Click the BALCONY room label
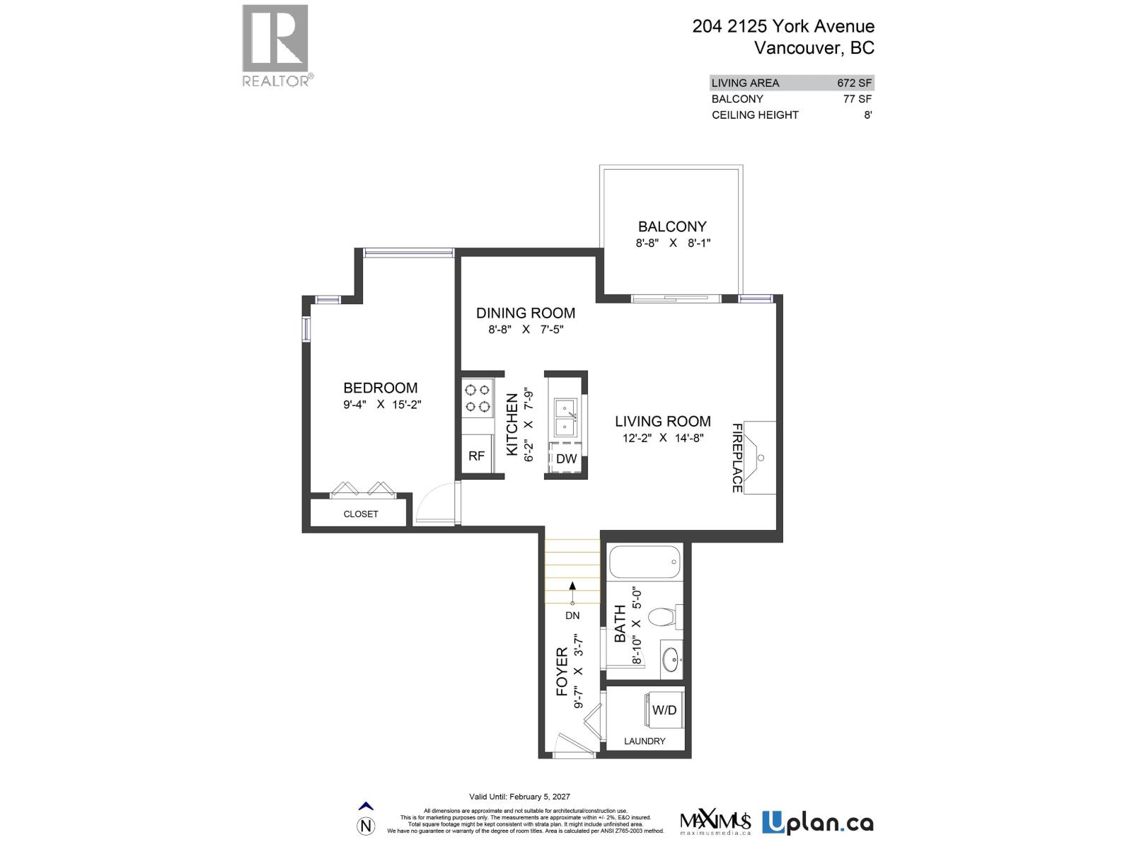click(x=672, y=227)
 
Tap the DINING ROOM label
click(x=526, y=313)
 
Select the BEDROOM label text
click(x=380, y=388)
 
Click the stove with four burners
click(x=478, y=398)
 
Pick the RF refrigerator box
click(x=477, y=456)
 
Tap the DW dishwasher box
click(x=566, y=458)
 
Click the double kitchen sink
click(x=566, y=417)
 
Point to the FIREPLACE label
click(x=737, y=458)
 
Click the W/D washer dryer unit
click(x=664, y=710)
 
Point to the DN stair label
click(x=572, y=616)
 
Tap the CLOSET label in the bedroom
click(x=361, y=514)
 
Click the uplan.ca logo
click(x=817, y=823)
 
